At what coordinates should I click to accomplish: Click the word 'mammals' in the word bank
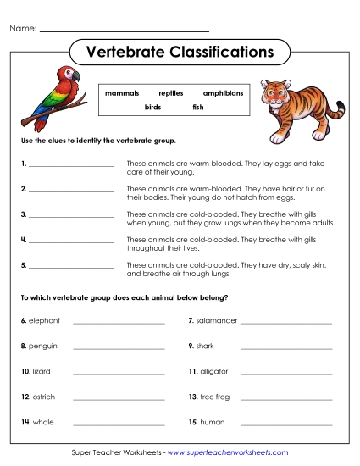pyautogui.click(x=122, y=92)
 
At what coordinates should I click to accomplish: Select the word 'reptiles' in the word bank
pyautogui.click(x=170, y=92)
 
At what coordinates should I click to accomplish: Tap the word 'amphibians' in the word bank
pyautogui.click(x=223, y=92)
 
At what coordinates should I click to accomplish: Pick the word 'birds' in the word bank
pyautogui.click(x=152, y=108)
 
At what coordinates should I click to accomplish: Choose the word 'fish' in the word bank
pyautogui.click(x=198, y=108)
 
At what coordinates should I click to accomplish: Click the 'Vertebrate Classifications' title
pyautogui.click(x=180, y=53)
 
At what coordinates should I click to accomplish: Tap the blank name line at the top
pyautogui.click(x=125, y=31)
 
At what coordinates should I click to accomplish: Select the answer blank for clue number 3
pyautogui.click(x=71, y=216)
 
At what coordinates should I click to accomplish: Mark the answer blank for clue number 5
pyautogui.click(x=71, y=267)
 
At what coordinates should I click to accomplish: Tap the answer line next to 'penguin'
pyautogui.click(x=119, y=347)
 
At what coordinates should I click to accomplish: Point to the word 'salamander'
pyautogui.click(x=218, y=321)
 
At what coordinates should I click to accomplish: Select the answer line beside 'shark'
pyautogui.click(x=285, y=347)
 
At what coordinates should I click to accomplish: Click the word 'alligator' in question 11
pyautogui.click(x=214, y=371)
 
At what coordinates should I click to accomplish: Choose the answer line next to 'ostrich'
pyautogui.click(x=119, y=398)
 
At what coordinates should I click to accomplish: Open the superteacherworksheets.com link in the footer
pyautogui.click(x=228, y=453)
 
